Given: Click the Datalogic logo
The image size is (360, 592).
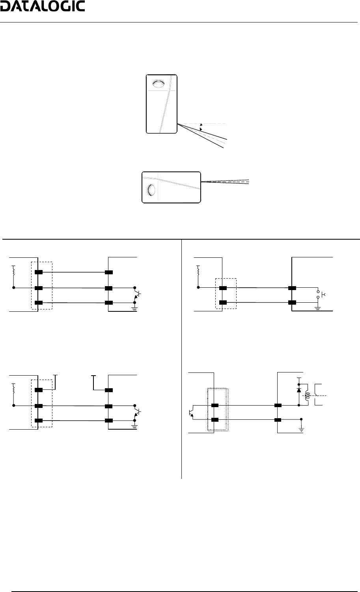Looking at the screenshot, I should pyautogui.click(x=43, y=7).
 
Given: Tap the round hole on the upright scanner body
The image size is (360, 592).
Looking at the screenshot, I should pyautogui.click(x=158, y=84).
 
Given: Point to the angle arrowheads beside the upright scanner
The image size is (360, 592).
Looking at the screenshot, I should pyautogui.click(x=201, y=127).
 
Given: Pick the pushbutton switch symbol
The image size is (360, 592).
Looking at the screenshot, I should pyautogui.click(x=320, y=295).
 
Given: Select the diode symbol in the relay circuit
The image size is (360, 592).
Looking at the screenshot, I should pyautogui.click(x=298, y=390).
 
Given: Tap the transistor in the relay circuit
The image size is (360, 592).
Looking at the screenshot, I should pyautogui.click(x=191, y=412).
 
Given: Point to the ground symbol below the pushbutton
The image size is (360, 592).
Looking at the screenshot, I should pyautogui.click(x=317, y=308).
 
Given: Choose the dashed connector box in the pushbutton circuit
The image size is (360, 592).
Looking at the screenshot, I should pyautogui.click(x=226, y=294).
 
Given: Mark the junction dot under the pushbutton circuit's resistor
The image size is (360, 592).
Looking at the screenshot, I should pyautogui.click(x=198, y=288).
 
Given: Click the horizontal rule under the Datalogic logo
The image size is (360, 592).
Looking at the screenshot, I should pyautogui.click(x=180, y=22).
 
